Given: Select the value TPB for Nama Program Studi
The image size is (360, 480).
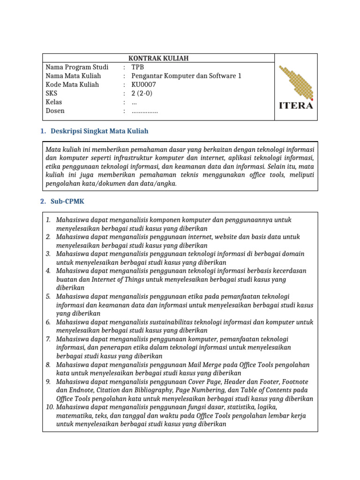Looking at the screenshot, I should pos(138,67).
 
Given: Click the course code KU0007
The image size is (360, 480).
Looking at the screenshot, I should pos(143,84).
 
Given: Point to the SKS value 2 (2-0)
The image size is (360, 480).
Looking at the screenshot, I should pos(142,93).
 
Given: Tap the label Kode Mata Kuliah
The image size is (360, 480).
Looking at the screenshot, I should pos(72,84).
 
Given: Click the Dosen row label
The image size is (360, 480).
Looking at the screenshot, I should pos(55,111).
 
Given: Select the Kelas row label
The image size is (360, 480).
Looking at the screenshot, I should pos(54,102).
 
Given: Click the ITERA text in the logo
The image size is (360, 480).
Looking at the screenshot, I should pos(296,105).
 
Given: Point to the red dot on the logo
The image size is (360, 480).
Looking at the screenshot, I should pos(312,99).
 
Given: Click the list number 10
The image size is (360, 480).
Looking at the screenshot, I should pos(50,407).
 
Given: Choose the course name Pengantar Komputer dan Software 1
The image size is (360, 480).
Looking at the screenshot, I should pos(186,75).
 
